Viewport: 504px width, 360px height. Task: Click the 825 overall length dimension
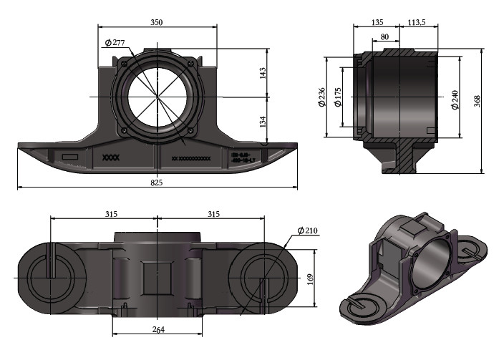click(x=157, y=183)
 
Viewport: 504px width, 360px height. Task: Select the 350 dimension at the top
click(x=157, y=23)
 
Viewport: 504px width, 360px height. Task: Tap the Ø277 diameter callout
click(x=115, y=43)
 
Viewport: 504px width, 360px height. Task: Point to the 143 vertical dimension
click(x=263, y=73)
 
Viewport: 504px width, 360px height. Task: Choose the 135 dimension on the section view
click(x=377, y=22)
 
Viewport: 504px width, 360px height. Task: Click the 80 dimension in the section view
click(x=384, y=37)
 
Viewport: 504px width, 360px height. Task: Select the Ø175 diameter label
click(x=338, y=97)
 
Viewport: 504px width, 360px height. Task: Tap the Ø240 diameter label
click(x=454, y=99)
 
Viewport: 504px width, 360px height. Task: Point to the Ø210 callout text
click(x=307, y=230)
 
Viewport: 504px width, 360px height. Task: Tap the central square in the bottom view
click(x=157, y=277)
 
